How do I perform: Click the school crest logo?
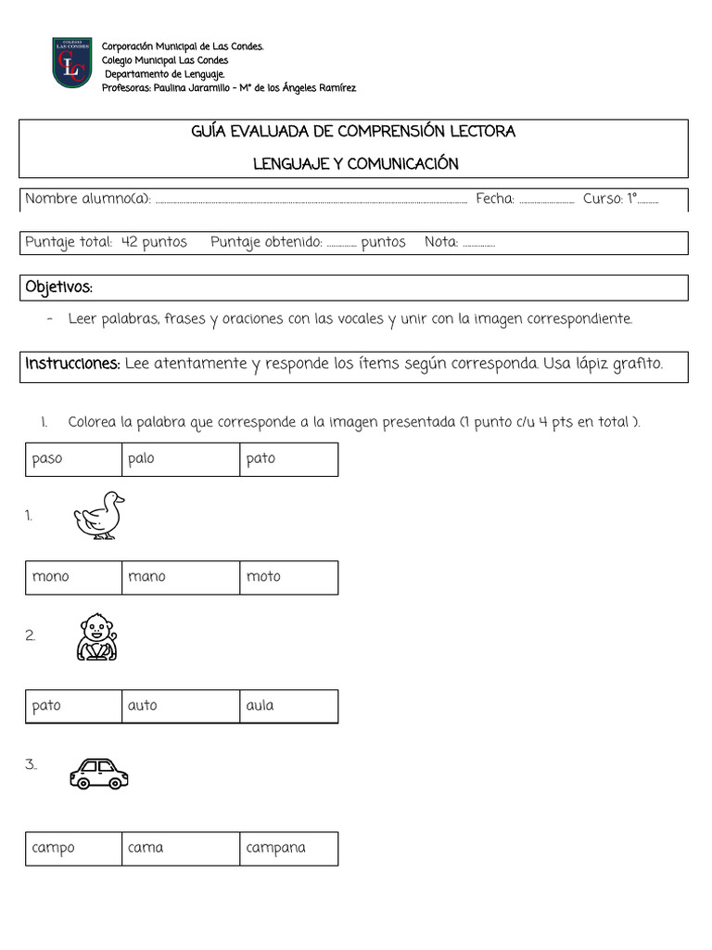(x=71, y=63)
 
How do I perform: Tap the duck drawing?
(x=99, y=515)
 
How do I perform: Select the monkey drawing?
(x=96, y=636)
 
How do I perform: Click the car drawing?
(x=98, y=773)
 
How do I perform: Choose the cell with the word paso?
(x=73, y=459)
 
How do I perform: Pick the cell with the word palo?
(x=180, y=459)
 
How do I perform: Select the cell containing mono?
(x=73, y=577)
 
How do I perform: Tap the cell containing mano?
(x=180, y=577)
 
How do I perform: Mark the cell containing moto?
(x=288, y=577)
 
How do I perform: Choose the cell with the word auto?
(x=180, y=706)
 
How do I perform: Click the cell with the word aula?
(x=288, y=706)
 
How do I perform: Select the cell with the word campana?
(x=288, y=848)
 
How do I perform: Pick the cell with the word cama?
(x=180, y=848)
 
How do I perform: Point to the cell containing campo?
(x=73, y=848)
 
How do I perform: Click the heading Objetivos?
(x=59, y=287)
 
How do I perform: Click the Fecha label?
(x=494, y=199)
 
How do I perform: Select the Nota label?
(x=441, y=242)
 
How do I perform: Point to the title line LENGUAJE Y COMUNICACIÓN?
(x=356, y=164)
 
